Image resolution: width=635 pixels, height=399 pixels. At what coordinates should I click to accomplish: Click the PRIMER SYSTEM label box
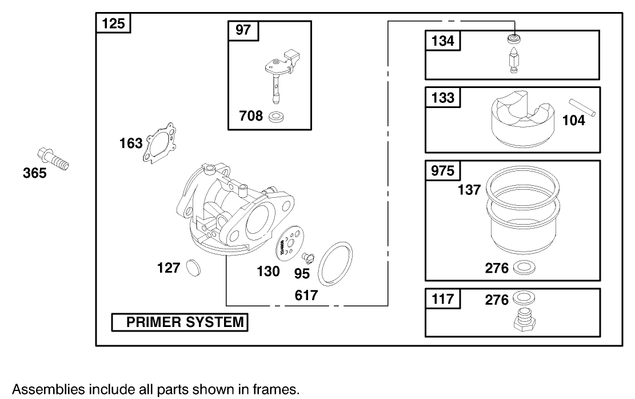179,322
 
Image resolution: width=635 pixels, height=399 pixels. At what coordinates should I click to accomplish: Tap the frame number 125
113,24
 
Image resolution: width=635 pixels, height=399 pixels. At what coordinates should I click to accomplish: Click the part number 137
469,189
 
